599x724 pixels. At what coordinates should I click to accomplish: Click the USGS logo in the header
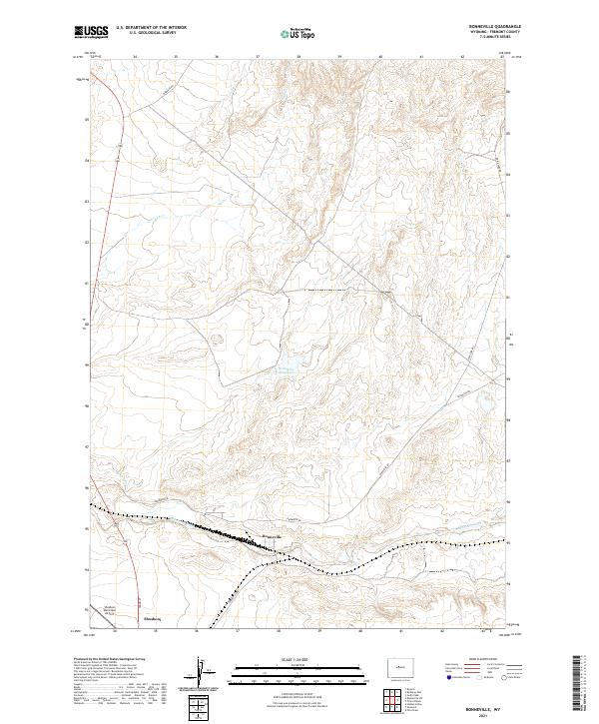92,32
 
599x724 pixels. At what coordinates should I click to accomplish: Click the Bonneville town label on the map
273,538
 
